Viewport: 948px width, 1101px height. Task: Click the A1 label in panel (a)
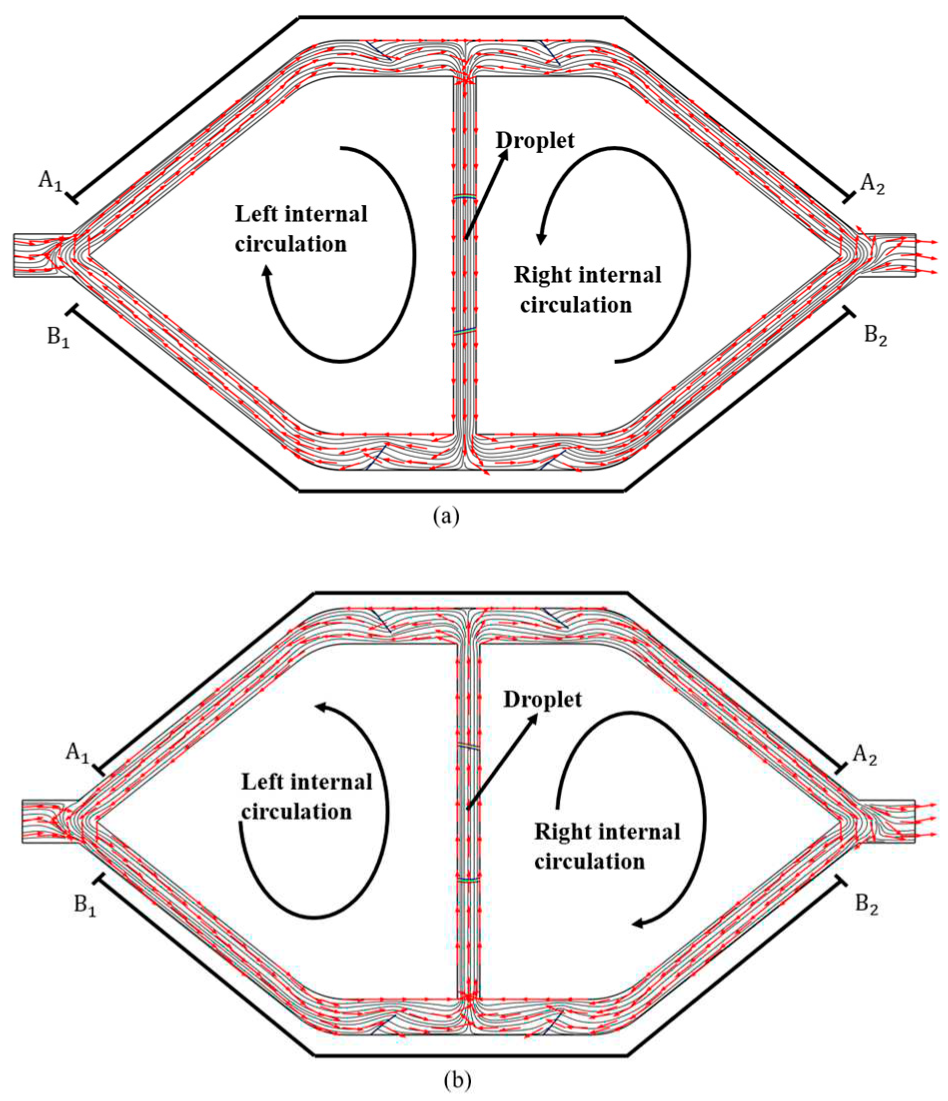pyautogui.click(x=50, y=181)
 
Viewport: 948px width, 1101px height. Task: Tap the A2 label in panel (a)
pyautogui.click(x=872, y=184)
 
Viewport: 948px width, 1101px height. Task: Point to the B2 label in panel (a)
pyautogui.click(x=875, y=336)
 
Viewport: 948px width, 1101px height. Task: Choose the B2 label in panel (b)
pyautogui.click(x=866, y=904)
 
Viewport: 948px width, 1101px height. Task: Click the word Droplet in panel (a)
pyautogui.click(x=535, y=140)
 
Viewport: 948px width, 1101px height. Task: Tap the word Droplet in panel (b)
pyautogui.click(x=542, y=700)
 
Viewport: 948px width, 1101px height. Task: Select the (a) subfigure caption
pyautogui.click(x=446, y=516)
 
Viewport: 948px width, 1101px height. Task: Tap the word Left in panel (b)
pyautogui.click(x=263, y=782)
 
